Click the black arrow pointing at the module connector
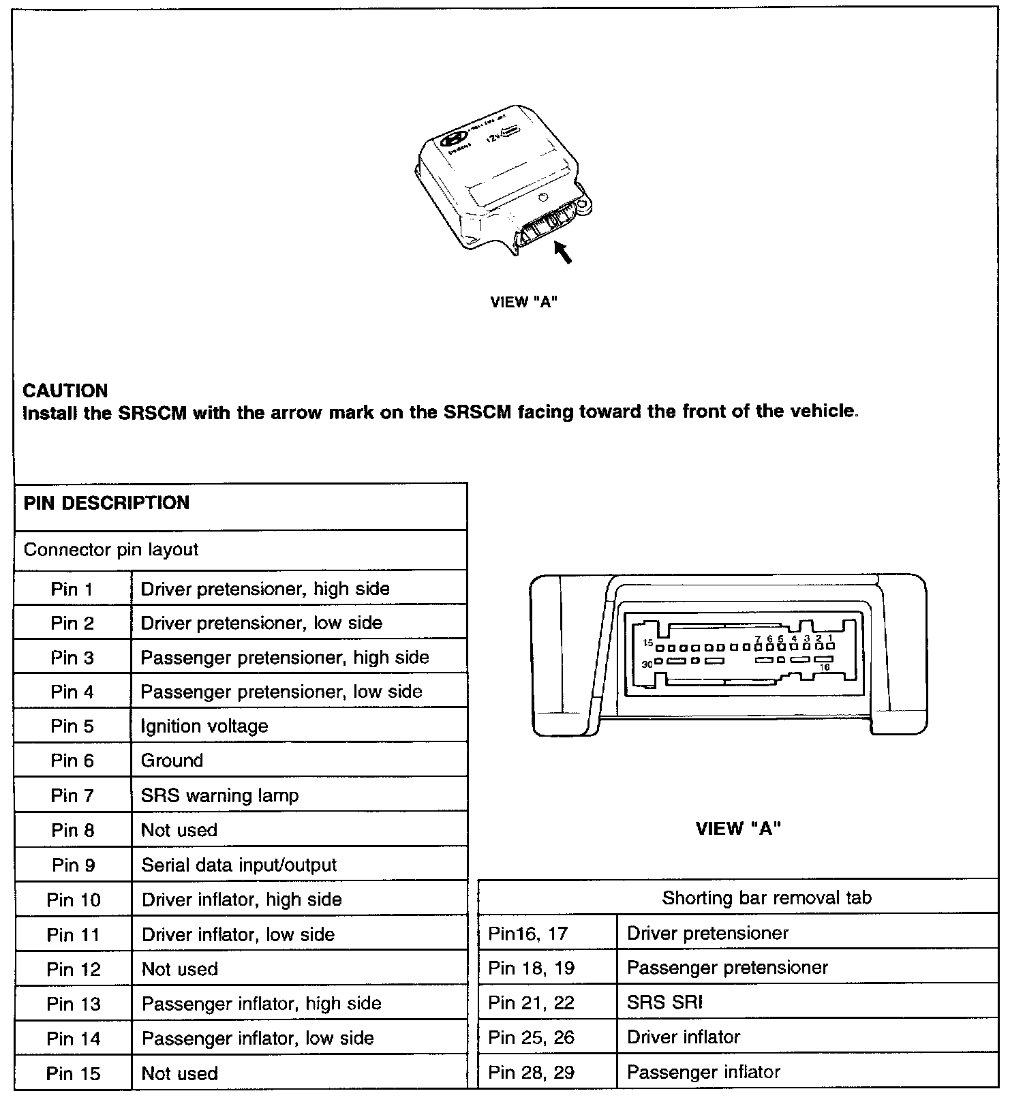(563, 253)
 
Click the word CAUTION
(65, 390)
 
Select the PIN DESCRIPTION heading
(106, 503)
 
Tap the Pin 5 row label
(73, 726)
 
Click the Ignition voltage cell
(204, 726)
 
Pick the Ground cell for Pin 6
(172, 761)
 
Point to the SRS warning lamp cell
(219, 795)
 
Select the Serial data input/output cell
(239, 865)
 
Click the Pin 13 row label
(73, 1004)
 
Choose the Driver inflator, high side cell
(241, 900)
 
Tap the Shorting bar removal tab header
(766, 898)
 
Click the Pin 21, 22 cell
(532, 1002)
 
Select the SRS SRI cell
(664, 1002)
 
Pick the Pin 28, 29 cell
(532, 1073)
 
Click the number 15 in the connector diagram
(648, 643)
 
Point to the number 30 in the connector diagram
(647, 664)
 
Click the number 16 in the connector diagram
(825, 668)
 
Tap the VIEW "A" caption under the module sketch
(524, 302)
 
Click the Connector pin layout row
(111, 550)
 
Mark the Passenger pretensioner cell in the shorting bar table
(727, 968)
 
